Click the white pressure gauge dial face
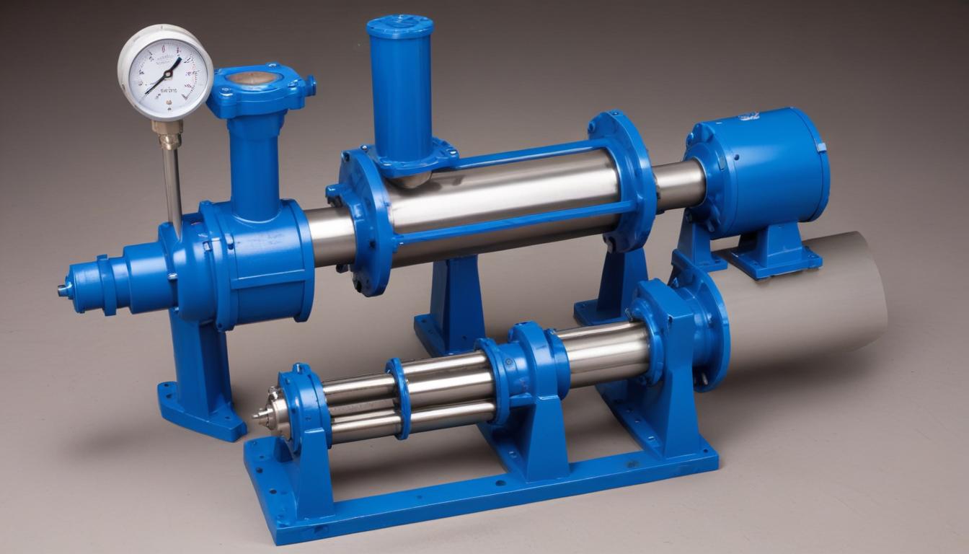tap(165, 71)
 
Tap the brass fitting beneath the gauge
tap(168, 133)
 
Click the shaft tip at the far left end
tap(63, 290)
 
